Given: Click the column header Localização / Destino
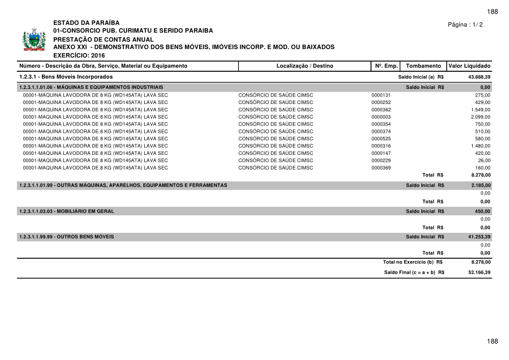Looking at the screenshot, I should click(305, 66).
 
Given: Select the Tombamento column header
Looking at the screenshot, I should click(423, 66).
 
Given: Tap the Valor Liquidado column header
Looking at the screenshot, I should click(469, 66).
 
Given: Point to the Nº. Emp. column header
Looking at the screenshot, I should click(387, 66).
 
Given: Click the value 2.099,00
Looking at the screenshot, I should click(480, 116).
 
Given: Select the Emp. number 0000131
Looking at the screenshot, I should click(381, 95).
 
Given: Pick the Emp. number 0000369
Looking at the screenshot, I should click(381, 168).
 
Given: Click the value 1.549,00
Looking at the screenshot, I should click(480, 110).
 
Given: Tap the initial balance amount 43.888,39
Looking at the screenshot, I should click(479, 76).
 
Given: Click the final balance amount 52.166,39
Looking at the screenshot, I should click(479, 272).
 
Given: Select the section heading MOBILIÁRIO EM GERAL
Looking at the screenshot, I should click(66, 211).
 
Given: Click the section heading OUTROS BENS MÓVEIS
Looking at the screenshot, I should click(66, 237).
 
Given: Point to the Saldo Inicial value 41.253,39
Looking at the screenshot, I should click(479, 237).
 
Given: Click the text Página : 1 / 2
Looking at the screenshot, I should click(465, 25).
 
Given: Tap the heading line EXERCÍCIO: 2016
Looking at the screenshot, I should click(79, 55).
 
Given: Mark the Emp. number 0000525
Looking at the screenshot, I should click(381, 138).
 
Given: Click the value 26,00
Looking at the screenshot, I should click(484, 161).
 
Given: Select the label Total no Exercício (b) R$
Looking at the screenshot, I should click(412, 262).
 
